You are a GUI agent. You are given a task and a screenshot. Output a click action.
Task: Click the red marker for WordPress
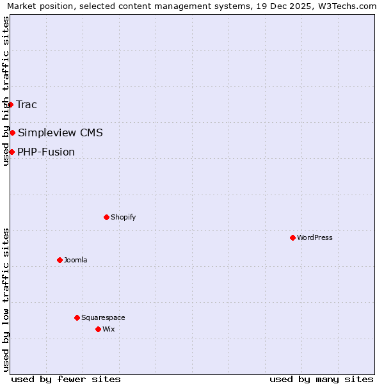point(292,237)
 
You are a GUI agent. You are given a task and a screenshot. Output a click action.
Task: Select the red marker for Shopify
point(106,217)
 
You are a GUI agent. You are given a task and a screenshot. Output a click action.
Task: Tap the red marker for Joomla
point(60,260)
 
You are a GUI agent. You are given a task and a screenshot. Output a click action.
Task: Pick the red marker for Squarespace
point(77,317)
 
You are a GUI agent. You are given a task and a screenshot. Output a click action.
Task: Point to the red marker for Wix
point(98,329)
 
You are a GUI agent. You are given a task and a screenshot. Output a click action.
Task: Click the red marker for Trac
point(11,104)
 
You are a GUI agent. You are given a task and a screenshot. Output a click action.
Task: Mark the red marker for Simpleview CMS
point(12,132)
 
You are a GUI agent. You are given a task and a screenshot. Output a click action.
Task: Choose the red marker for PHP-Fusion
point(12,152)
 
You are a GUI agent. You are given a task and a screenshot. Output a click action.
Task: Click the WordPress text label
point(315,237)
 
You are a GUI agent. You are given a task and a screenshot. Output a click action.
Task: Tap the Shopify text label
point(124,217)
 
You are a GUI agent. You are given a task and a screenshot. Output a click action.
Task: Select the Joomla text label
point(76,260)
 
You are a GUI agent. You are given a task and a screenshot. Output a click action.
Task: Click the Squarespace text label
point(103,317)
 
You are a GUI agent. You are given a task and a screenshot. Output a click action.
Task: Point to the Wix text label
point(109,329)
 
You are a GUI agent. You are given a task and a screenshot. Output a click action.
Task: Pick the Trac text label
point(27,104)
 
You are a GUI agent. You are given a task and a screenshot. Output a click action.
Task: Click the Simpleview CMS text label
point(60,132)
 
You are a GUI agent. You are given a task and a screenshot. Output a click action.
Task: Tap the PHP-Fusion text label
point(46,152)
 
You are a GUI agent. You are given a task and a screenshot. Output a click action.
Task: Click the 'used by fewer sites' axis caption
point(66,379)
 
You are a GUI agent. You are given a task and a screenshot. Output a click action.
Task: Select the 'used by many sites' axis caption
point(321,379)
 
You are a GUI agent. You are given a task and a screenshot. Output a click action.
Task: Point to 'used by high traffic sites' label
point(6,91)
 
